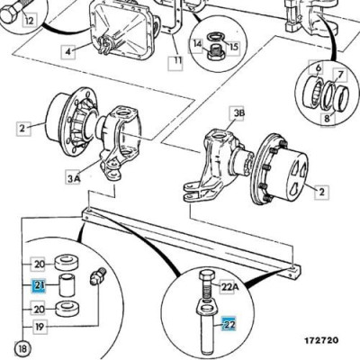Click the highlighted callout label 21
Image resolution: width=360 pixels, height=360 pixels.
coord(39,286)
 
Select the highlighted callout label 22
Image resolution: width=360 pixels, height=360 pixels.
coord(229,324)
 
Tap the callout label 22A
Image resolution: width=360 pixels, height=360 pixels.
coord(229,287)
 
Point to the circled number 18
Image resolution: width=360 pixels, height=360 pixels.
coord(22,348)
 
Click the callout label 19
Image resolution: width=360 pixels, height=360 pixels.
coord(40,326)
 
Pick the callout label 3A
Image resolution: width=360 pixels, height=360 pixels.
coord(73,179)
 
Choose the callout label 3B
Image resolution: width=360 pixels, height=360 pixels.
coord(237,113)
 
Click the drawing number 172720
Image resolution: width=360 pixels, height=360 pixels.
coord(321,340)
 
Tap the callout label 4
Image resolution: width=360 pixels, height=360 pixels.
coord(68,51)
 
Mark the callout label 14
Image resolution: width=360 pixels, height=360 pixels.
coord(197,44)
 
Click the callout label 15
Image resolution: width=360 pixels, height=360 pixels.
coord(233,47)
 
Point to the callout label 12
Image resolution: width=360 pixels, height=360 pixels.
coord(29,20)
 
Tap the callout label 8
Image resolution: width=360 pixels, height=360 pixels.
coord(327,118)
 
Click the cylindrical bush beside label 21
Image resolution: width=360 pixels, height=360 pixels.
coord(67,284)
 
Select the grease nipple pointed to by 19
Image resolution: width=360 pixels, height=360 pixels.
coord(97,275)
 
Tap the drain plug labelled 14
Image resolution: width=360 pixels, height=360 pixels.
coord(214,51)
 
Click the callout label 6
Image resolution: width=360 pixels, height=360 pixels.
coord(318,68)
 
